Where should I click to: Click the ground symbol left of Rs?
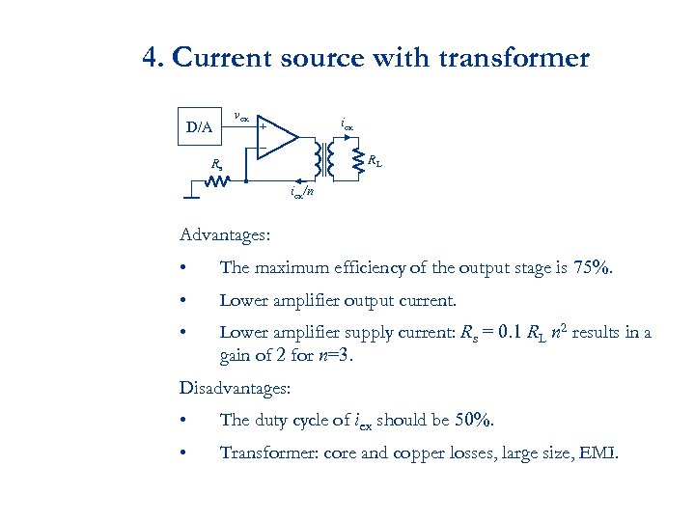click(193, 197)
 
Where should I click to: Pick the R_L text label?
click(375, 161)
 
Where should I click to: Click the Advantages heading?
click(225, 234)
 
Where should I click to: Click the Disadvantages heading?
click(235, 389)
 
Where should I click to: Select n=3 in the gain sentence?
click(338, 355)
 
